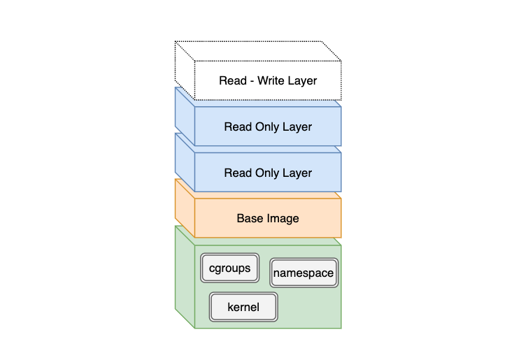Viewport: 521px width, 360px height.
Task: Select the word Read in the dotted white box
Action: click(233, 81)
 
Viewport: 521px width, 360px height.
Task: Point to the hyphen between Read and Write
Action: click(252, 81)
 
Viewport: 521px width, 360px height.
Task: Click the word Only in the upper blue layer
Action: click(268, 127)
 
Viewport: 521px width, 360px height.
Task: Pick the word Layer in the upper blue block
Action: click(297, 127)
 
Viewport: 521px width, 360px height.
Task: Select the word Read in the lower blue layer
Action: click(238, 173)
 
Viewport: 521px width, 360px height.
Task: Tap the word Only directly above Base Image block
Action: click(268, 173)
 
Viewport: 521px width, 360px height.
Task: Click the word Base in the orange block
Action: click(250, 219)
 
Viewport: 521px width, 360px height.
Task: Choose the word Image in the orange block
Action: click(283, 219)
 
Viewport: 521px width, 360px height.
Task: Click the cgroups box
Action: click(230, 268)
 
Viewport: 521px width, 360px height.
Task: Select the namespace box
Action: click(304, 273)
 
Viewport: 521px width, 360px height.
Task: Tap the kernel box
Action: click(243, 307)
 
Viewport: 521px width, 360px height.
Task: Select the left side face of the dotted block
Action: click(184, 70)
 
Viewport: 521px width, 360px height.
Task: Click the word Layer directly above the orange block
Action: click(297, 173)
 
